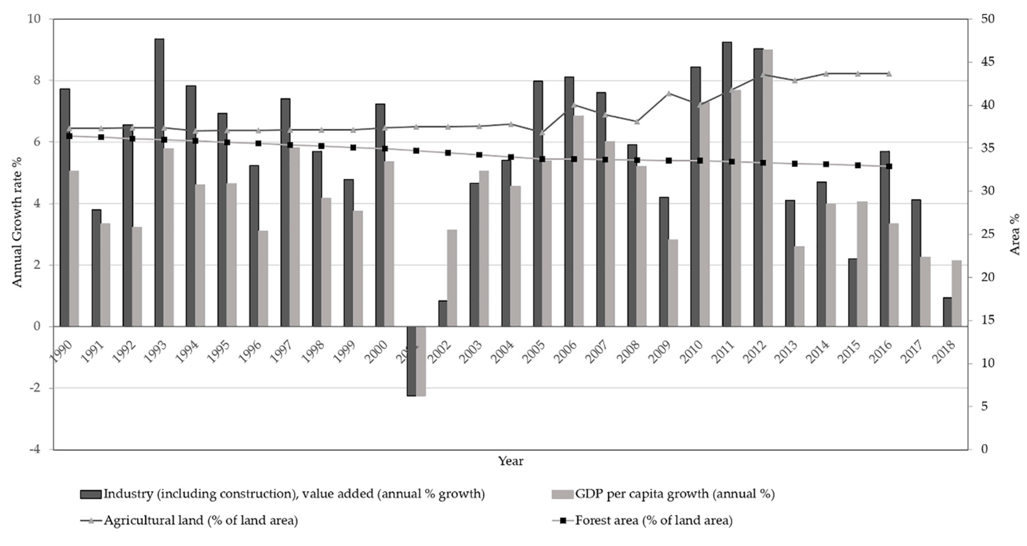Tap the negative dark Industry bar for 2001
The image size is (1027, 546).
tap(411, 361)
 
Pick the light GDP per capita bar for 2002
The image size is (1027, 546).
tap(452, 278)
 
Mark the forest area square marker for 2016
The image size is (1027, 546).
tap(889, 166)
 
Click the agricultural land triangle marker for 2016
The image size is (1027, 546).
tap(889, 74)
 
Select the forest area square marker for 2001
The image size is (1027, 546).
tap(416, 151)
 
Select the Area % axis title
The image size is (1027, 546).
tap(1015, 234)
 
